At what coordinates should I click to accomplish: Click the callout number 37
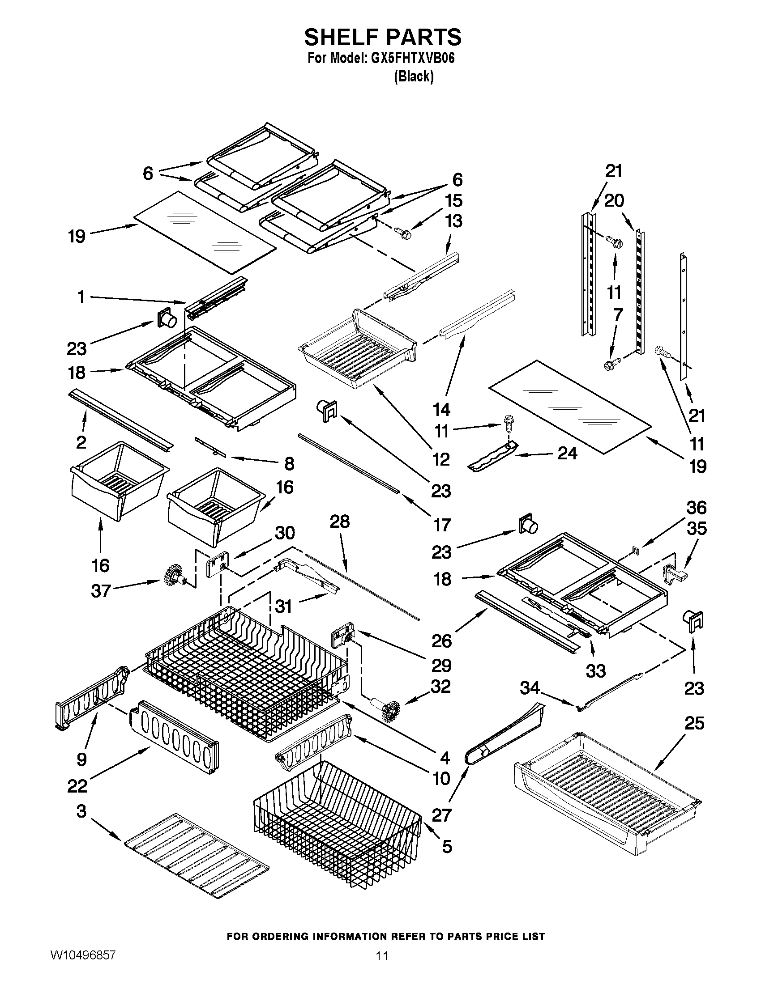coord(101,591)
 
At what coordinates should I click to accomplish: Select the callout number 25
coord(694,723)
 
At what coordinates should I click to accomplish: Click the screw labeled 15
coord(401,233)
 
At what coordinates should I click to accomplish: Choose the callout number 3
coord(81,811)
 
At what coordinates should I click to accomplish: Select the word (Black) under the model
coord(414,76)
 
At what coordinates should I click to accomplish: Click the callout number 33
coord(595,671)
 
